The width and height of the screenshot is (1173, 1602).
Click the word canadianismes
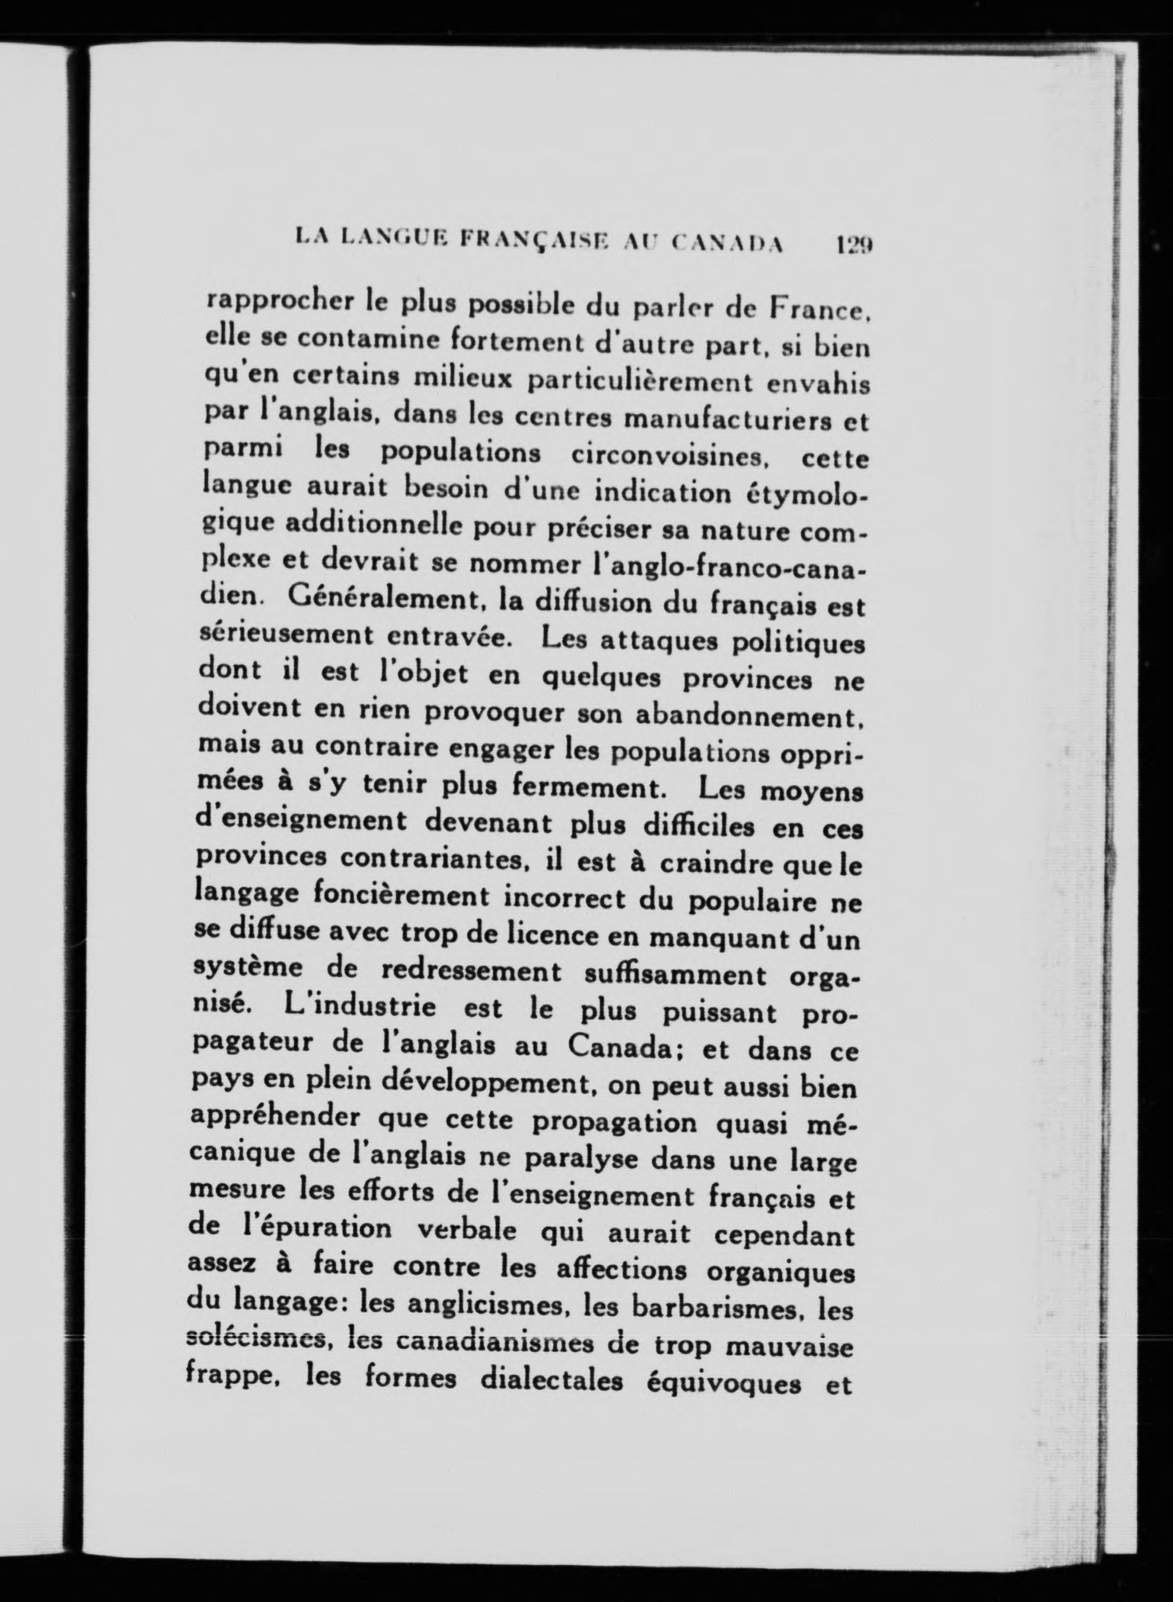492,1342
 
